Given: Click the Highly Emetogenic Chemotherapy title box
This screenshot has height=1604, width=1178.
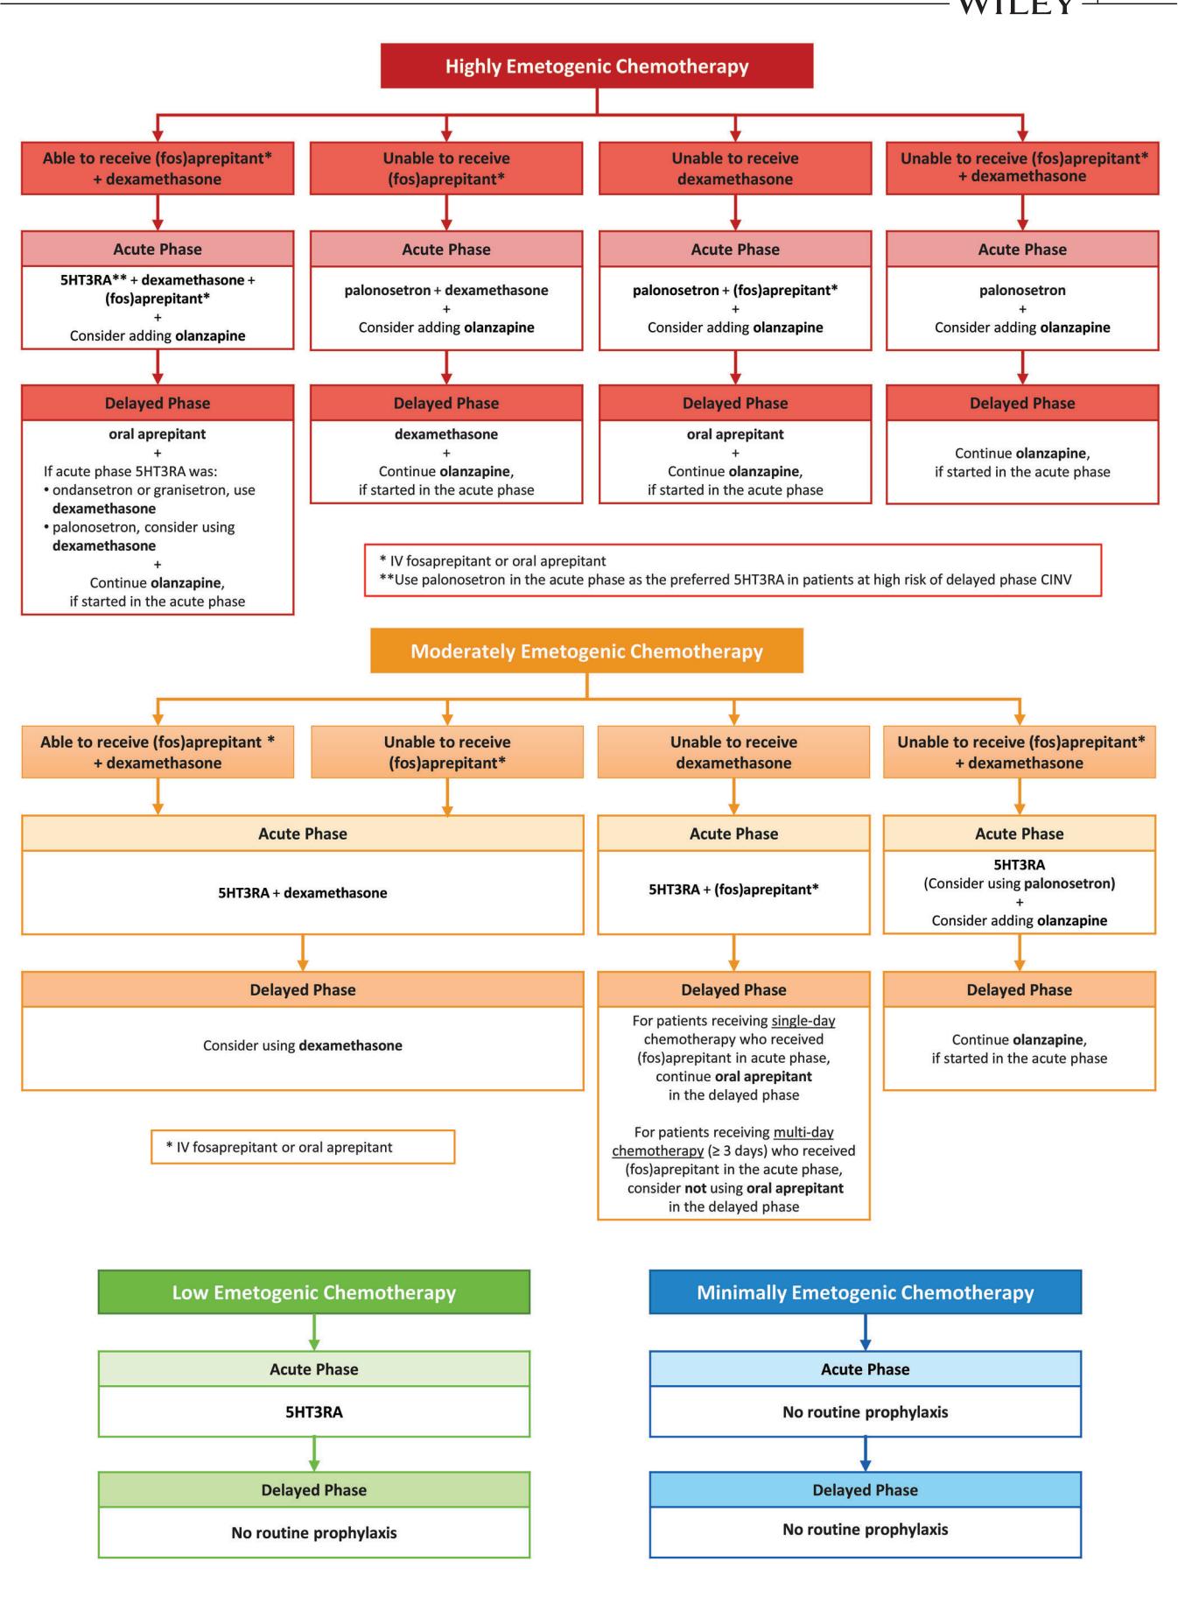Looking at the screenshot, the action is click(597, 66).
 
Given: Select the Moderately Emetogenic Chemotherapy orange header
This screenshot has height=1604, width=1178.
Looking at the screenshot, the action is click(586, 651).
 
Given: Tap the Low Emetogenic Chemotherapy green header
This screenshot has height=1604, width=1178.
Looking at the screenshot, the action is click(314, 1292).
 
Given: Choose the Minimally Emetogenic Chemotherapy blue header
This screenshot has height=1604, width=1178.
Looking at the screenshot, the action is click(866, 1292).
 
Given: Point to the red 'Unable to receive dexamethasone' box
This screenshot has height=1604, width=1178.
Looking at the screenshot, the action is click(735, 168).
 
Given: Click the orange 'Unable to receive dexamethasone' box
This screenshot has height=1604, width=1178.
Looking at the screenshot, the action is click(733, 752).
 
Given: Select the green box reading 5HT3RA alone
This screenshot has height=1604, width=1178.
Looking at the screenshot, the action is click(314, 1411).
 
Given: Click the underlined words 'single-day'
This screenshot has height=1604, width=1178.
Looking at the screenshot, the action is click(803, 1021).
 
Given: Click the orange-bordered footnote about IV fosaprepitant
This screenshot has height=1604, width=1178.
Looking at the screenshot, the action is click(303, 1147).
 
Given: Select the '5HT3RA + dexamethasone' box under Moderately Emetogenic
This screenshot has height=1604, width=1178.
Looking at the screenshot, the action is click(303, 893).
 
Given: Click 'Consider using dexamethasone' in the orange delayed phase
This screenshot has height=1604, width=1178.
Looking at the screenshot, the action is click(303, 1045).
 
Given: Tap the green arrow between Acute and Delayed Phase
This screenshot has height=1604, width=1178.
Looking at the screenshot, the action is click(314, 1454).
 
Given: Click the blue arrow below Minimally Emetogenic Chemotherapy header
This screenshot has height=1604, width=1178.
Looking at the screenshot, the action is click(866, 1333).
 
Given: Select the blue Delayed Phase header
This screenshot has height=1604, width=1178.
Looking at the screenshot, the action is click(866, 1490).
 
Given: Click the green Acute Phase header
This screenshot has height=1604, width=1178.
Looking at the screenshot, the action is click(314, 1369).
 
